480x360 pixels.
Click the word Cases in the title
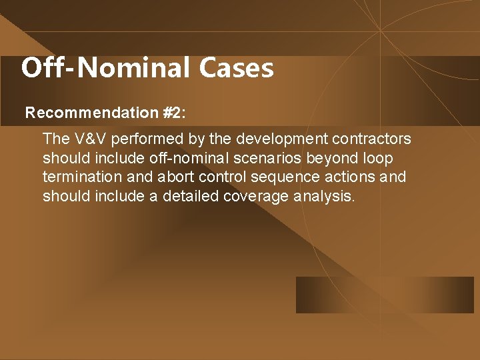[236, 68]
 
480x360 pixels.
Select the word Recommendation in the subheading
[92, 113]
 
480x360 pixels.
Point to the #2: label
[174, 113]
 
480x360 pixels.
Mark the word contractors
[374, 139]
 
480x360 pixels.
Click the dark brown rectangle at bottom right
[385, 295]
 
